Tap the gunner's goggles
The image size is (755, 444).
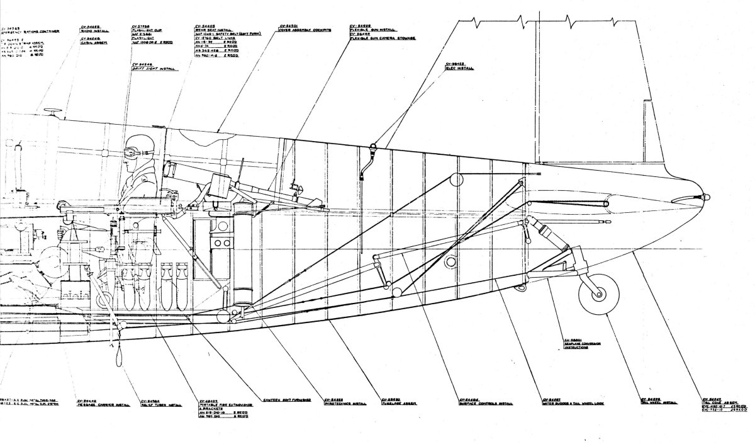pyautogui.click(x=135, y=151)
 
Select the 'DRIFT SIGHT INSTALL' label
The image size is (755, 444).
pyautogui.click(x=150, y=68)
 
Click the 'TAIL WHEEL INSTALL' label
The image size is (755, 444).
pyautogui.click(x=658, y=402)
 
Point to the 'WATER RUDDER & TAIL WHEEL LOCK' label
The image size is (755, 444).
pyautogui.click(x=573, y=402)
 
